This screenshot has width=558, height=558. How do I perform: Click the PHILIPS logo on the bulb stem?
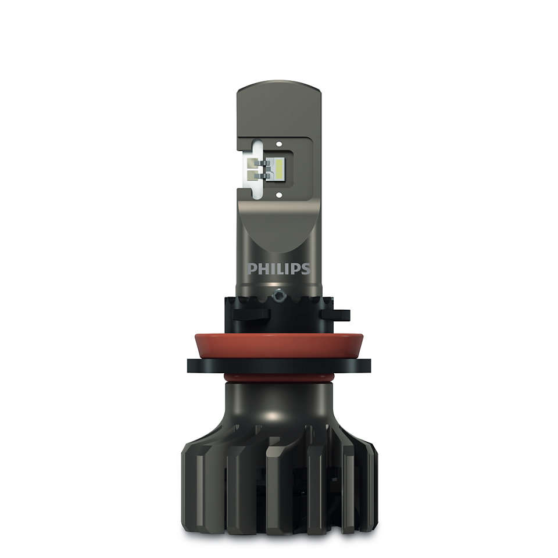coord(279,269)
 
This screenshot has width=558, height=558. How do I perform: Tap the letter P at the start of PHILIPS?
coord(252,269)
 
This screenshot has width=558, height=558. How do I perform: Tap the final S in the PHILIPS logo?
coord(306,269)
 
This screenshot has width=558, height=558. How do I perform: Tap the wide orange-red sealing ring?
coord(279,346)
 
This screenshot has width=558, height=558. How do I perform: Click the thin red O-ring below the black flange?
coord(279,378)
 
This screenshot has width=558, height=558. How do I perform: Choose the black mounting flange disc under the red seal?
coord(279,366)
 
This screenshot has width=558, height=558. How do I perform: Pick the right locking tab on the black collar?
coord(336,316)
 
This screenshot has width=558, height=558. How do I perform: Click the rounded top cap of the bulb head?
coord(279,93)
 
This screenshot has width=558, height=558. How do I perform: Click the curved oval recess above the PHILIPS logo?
coord(279,233)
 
